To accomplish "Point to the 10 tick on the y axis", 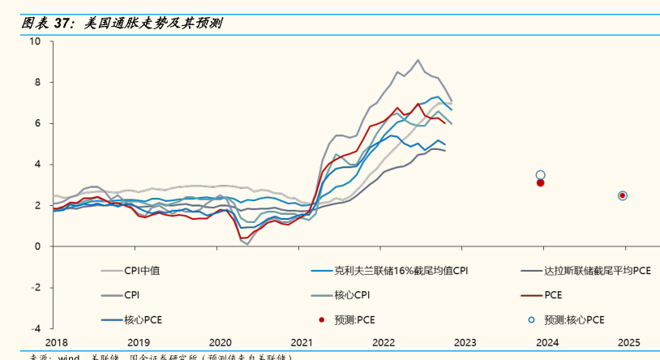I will click(36, 41).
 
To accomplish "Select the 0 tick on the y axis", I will click(38, 246).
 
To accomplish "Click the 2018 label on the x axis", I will click(57, 343).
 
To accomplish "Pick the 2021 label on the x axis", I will click(302, 343).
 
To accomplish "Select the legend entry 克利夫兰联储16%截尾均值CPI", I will click(401, 272).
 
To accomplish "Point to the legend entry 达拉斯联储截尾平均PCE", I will click(597, 272).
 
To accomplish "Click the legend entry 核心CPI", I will click(351, 295).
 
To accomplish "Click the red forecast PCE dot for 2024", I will click(541, 182).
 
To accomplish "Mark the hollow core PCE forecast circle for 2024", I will click(541, 174).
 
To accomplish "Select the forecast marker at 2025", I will click(623, 195).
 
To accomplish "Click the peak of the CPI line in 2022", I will click(418, 60).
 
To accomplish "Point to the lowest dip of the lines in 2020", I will click(247, 244).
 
